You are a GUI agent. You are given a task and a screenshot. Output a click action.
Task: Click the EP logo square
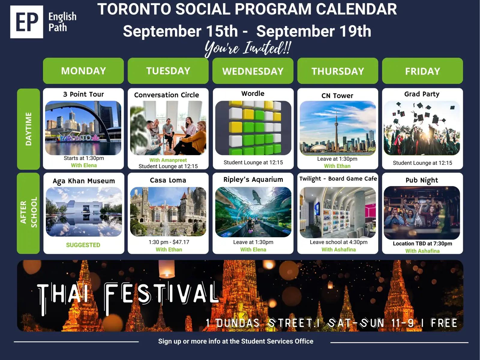tap(27, 22)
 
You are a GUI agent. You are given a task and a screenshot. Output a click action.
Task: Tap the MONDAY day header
tap(83, 71)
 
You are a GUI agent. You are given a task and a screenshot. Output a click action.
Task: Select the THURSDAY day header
tap(337, 71)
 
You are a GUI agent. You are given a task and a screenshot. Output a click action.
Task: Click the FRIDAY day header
tap(422, 71)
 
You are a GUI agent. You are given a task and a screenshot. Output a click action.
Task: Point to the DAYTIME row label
tap(28, 129)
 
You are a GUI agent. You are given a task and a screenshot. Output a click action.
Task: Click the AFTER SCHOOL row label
tap(28, 213)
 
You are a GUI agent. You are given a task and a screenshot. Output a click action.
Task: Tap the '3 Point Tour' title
tap(83, 94)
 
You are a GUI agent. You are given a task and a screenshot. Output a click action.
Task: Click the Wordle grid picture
tap(253, 128)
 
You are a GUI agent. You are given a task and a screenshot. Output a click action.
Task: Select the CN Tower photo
tap(337, 128)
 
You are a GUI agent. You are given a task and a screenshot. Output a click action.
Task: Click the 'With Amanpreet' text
tap(168, 160)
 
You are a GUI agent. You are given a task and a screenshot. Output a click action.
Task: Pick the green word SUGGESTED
tap(83, 245)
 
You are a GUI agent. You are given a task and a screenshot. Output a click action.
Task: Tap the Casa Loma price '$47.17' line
tap(169, 242)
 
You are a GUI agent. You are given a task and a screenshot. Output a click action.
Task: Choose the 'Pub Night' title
tap(422, 180)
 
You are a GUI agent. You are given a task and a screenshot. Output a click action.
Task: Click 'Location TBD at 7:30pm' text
tap(422, 244)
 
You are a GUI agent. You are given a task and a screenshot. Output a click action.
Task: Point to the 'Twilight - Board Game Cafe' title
tap(338, 179)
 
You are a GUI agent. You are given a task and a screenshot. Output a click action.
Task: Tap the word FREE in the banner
tap(444, 323)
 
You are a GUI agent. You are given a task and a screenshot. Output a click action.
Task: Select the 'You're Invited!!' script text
tap(248, 49)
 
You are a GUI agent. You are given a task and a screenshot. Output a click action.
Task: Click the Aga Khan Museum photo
tap(84, 212)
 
